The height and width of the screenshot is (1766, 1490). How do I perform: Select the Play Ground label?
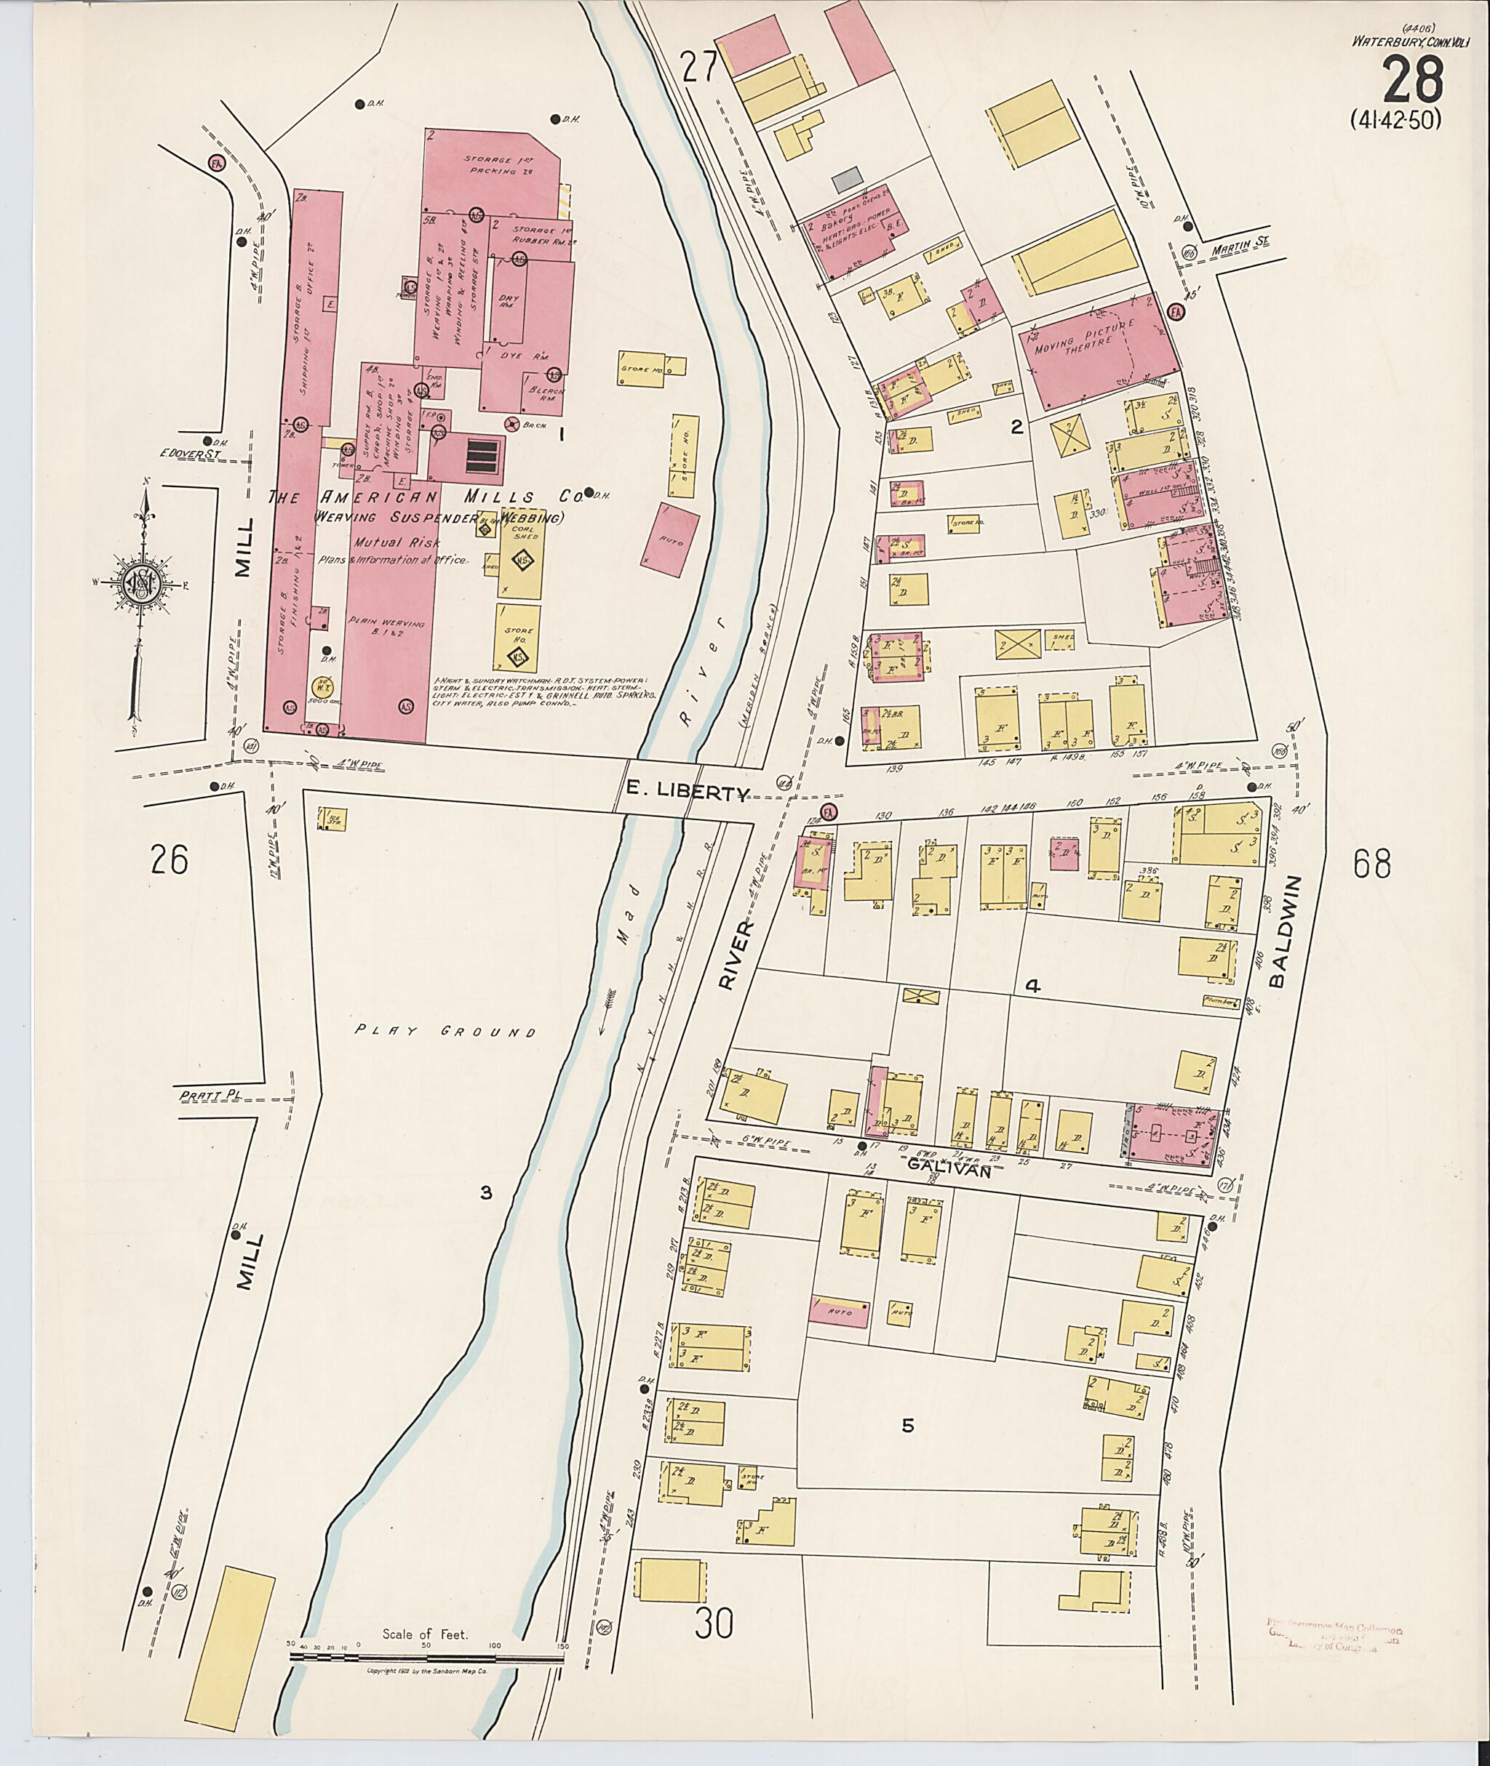445,1031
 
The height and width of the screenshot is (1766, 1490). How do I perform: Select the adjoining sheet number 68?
1371,864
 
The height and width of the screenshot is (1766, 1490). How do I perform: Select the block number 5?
908,1426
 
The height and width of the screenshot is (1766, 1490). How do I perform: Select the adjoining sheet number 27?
700,68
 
